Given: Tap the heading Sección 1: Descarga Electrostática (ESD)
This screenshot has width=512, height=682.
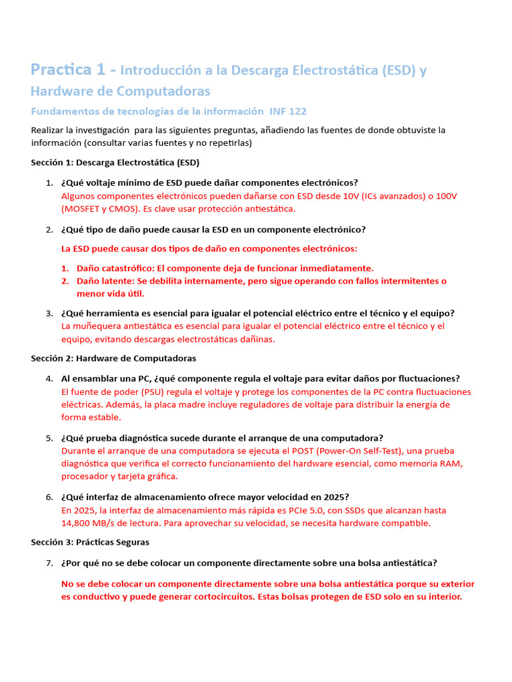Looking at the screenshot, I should click(115, 162).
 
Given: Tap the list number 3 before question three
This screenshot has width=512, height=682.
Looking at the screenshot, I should click(49, 313).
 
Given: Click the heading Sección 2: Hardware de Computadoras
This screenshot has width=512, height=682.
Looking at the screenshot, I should click(113, 358).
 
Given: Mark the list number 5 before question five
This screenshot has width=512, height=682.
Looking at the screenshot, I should click(49, 438).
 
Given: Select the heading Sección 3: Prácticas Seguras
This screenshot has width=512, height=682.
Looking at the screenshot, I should click(90, 542).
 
